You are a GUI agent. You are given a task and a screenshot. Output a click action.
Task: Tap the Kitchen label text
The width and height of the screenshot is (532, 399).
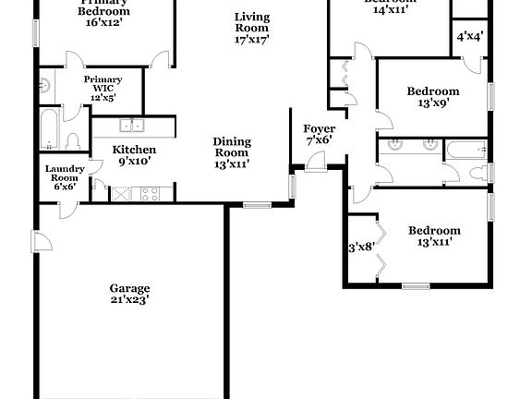134,150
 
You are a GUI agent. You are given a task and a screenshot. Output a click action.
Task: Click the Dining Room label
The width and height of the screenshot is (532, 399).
232,147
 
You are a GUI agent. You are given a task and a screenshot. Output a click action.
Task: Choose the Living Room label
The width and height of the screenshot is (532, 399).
250,22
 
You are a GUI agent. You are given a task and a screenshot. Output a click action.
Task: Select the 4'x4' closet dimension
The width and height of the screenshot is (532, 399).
471,37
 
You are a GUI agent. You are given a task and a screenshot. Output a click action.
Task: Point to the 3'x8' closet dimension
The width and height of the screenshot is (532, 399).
360,247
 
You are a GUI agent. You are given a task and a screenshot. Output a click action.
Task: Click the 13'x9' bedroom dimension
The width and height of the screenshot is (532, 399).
434,103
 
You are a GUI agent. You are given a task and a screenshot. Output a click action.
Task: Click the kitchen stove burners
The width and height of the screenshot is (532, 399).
149,194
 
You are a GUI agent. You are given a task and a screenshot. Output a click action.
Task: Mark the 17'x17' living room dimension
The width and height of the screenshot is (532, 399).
250,40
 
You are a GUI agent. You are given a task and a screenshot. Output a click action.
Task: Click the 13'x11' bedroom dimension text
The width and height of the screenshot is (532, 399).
434,242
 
